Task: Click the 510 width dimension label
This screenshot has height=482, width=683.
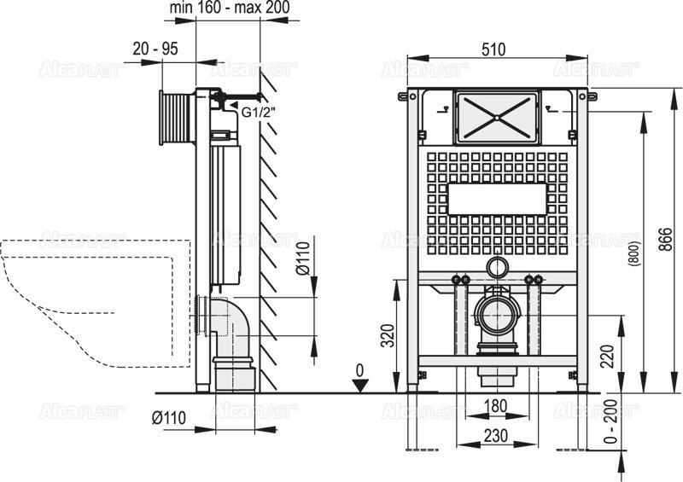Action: coord(493,49)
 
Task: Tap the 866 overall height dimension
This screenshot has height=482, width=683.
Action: coord(666,239)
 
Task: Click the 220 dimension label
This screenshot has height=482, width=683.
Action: coord(607,356)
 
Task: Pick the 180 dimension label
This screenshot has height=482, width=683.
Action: coord(496,406)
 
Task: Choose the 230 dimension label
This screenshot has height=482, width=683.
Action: coord(496,435)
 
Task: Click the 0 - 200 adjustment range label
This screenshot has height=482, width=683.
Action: coord(611,421)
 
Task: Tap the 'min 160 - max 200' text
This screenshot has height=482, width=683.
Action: coord(230,8)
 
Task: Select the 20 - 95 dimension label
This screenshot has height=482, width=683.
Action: coord(155,49)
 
